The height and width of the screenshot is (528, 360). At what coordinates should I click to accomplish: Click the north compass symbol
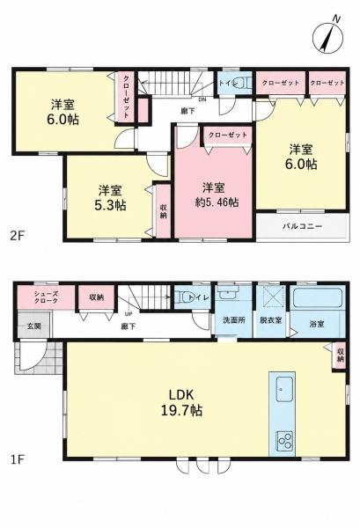[x=327, y=37]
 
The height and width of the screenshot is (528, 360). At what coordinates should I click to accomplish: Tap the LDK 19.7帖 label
[x=181, y=402]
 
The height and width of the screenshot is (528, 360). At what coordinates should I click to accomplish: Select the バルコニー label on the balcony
[x=302, y=226]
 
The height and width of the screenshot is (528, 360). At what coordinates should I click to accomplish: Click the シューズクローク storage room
[x=46, y=297]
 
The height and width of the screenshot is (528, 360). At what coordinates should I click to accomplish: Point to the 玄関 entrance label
[x=33, y=326]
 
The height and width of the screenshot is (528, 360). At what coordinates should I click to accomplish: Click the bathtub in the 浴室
[x=317, y=297]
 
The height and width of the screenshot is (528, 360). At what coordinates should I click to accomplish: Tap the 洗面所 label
[x=234, y=320]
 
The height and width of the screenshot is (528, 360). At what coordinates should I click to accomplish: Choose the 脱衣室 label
[x=271, y=320]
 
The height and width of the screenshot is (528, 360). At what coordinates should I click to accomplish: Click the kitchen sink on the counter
[x=283, y=389]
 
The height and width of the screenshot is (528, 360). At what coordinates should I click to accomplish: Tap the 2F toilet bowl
[x=242, y=83]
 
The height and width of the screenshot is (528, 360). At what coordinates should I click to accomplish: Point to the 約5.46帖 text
[x=217, y=202]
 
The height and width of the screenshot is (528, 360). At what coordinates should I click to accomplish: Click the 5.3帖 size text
[x=110, y=205]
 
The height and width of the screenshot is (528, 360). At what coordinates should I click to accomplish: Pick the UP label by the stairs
[x=129, y=314]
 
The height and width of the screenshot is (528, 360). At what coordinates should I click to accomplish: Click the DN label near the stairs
[x=202, y=99]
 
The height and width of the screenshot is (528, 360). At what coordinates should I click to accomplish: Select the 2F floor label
[x=18, y=235]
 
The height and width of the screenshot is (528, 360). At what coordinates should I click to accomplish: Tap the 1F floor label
[x=18, y=459]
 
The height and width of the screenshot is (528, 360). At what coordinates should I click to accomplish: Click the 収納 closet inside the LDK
[x=340, y=356]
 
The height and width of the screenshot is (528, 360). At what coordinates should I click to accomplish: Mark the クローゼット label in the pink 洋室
[x=228, y=135]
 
